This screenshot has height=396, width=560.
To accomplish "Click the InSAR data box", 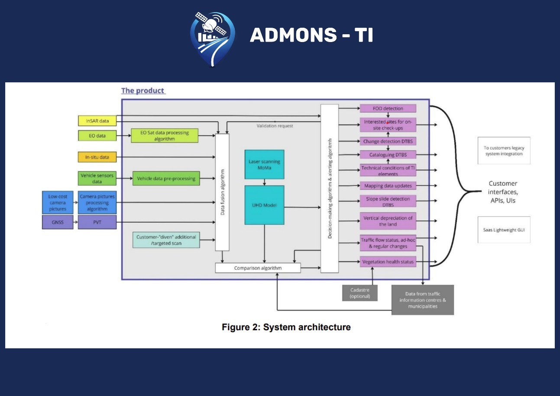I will pos(97,120).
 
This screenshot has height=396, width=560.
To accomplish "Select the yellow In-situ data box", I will pos(97,157).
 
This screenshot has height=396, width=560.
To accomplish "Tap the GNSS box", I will pos(57,222).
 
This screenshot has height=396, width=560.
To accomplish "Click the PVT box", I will pos(97,222).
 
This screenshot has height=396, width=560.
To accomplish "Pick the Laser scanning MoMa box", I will pos(264,164).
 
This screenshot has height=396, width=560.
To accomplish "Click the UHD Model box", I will pos(264,205).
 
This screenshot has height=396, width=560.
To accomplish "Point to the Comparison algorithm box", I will pos(258,268).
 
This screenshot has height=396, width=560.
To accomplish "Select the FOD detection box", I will pos(388,108).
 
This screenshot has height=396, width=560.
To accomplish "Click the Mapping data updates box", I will pos(388,185).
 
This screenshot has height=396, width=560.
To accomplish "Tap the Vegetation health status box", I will pos(388,262).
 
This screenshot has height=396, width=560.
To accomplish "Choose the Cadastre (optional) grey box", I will pos(359,293).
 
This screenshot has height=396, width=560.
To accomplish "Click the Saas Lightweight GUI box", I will pos(504,230).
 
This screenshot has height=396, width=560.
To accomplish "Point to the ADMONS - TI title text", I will pos(311,35).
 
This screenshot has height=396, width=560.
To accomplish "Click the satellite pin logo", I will pos(212,38).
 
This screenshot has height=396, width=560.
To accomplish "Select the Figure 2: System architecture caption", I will pos(286,327).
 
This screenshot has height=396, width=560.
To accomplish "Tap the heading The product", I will pos(143,91).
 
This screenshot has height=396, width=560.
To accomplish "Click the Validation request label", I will pos(275,126).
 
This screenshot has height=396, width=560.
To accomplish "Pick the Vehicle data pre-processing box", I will pos(166,178).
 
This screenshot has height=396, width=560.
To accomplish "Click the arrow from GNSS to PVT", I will pos(75,222).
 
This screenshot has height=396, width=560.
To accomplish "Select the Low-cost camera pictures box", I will pos(57,203).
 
